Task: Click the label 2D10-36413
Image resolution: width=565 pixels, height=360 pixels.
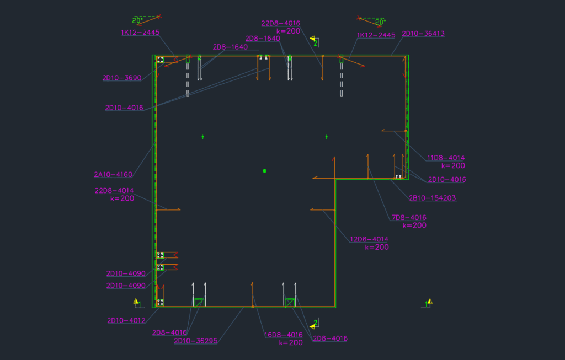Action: [x=423, y=34]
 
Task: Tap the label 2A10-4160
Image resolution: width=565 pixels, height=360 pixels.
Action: [x=113, y=175]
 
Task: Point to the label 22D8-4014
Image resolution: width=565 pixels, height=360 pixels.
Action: [x=114, y=191]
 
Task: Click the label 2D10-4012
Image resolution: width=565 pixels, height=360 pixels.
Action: [x=126, y=320]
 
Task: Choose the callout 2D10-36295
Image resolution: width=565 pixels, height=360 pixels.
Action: [x=196, y=341]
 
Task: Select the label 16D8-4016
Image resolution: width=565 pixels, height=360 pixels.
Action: [x=284, y=335]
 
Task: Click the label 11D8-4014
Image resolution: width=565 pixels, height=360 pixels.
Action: [x=445, y=158]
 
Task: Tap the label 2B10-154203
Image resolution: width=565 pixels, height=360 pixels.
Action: [x=432, y=198]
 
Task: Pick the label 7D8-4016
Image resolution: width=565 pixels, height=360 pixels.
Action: [x=409, y=218]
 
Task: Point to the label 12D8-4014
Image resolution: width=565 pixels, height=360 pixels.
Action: [x=369, y=239]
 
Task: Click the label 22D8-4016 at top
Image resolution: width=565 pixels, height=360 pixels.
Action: [x=280, y=23]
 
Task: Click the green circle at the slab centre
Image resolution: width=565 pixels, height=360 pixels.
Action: [x=265, y=171]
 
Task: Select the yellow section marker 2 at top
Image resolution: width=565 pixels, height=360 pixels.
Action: [x=313, y=41]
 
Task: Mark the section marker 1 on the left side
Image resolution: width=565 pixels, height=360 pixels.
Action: [x=137, y=302]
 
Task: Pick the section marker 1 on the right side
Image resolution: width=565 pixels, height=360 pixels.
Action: [x=429, y=302]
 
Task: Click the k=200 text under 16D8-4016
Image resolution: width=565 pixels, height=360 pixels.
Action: [x=291, y=342]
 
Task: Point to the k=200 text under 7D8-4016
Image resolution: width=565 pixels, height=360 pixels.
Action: [x=414, y=225]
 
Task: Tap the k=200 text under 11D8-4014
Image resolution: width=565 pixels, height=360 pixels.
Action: [x=453, y=165]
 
